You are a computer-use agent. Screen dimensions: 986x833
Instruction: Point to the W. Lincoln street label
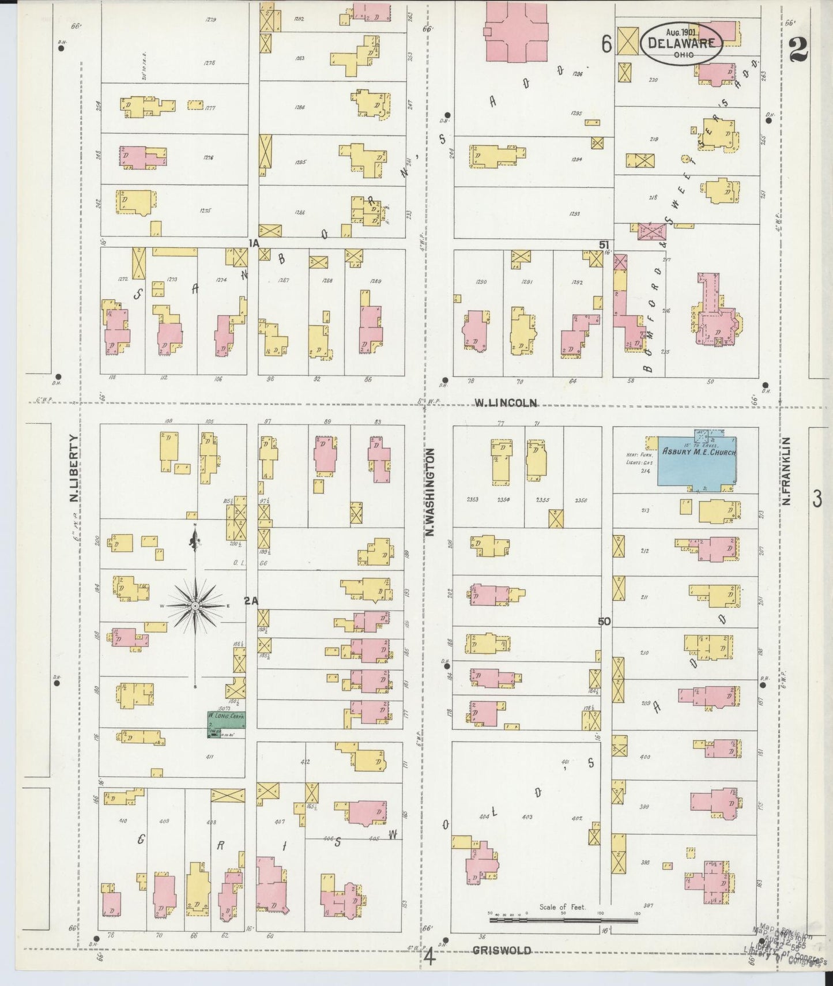pyautogui.click(x=505, y=403)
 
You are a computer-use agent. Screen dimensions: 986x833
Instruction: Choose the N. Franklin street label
pyautogui.click(x=786, y=471)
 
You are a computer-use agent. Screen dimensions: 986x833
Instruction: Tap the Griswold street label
pyautogui.click(x=502, y=951)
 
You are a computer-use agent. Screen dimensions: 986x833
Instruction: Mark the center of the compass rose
pyautogui.click(x=195, y=606)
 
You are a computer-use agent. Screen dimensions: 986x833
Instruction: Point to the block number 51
pyautogui.click(x=604, y=245)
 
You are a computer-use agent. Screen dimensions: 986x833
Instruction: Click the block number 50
pyautogui.click(x=604, y=621)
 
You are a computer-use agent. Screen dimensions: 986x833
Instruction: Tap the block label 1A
pyautogui.click(x=254, y=243)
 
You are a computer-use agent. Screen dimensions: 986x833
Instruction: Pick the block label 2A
pyautogui.click(x=251, y=601)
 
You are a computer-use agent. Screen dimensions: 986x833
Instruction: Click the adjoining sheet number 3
pyautogui.click(x=817, y=499)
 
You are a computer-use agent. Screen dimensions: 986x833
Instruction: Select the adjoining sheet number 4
pyautogui.click(x=429, y=957)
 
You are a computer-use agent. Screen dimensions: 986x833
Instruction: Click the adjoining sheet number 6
pyautogui.click(x=606, y=44)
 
